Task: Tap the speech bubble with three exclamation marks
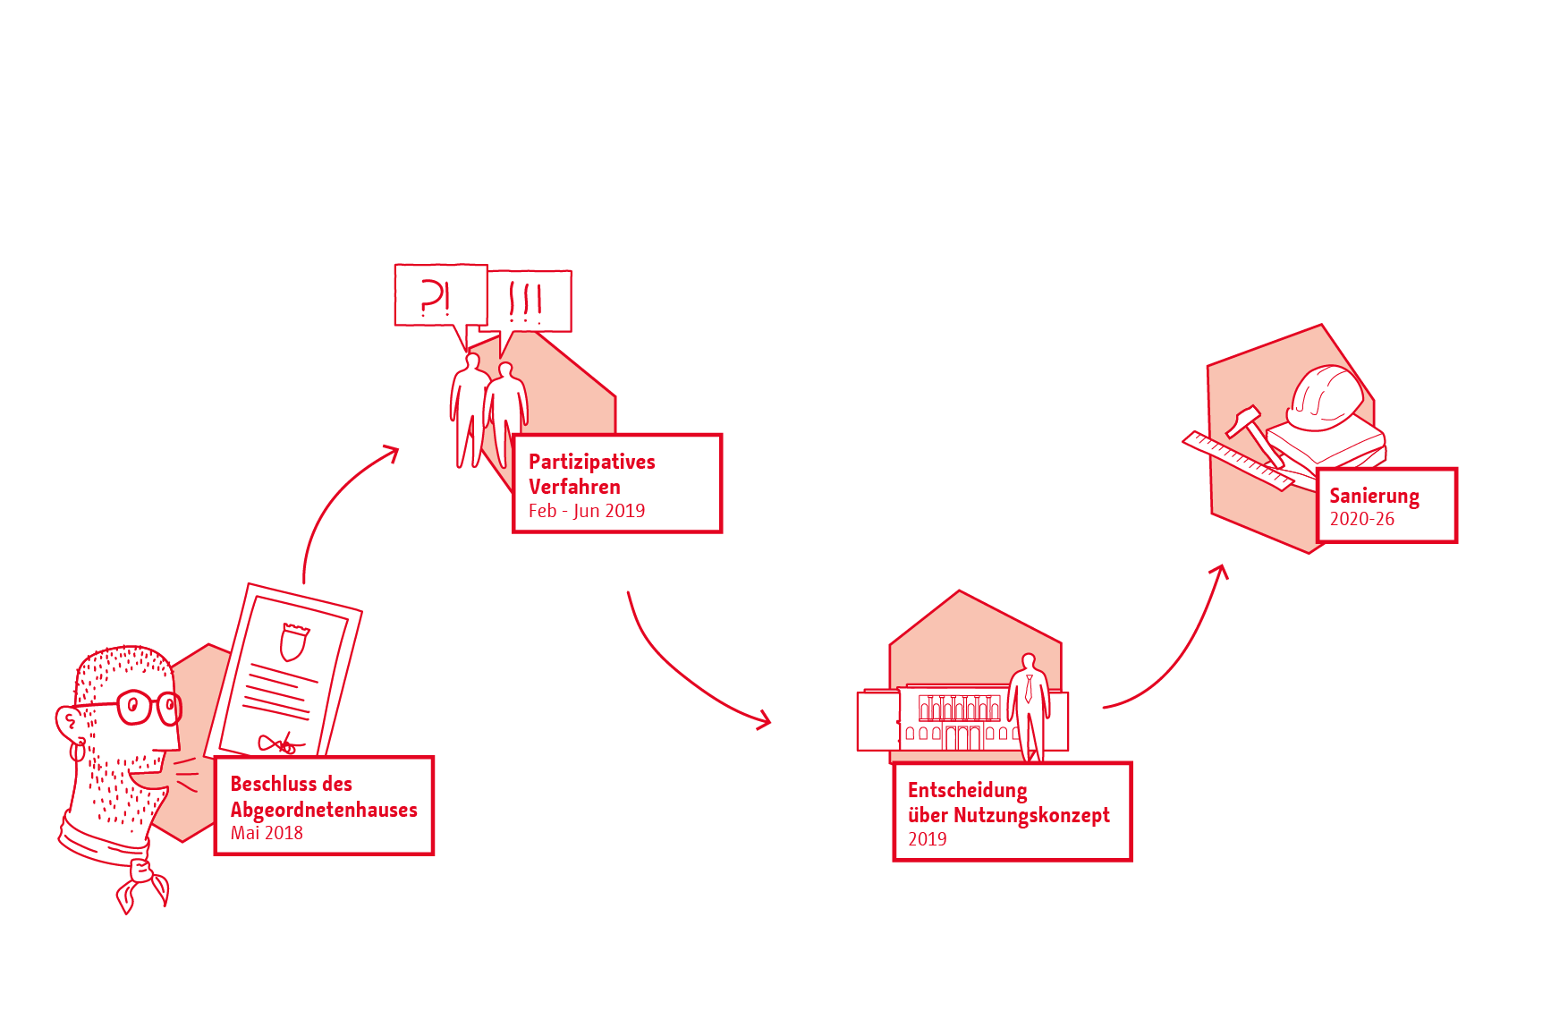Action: (x=530, y=301)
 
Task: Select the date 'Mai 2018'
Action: (x=267, y=833)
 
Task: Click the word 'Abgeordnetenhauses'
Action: (x=324, y=810)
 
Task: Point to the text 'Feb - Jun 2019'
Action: (x=586, y=511)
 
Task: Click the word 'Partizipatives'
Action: (x=591, y=462)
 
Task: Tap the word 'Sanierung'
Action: (x=1374, y=496)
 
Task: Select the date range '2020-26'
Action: (x=1361, y=519)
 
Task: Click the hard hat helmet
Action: (x=1325, y=395)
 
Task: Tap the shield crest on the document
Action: (x=294, y=641)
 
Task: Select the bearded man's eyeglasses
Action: (x=143, y=707)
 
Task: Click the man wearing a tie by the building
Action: (x=1029, y=702)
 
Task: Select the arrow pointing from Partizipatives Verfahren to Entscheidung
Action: (x=689, y=671)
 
